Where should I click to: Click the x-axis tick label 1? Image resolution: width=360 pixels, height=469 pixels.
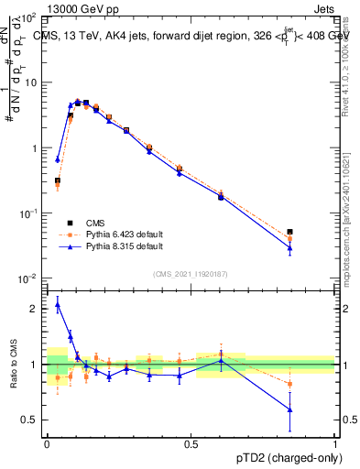[334, 443]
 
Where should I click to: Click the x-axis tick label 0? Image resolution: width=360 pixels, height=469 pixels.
[47, 443]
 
